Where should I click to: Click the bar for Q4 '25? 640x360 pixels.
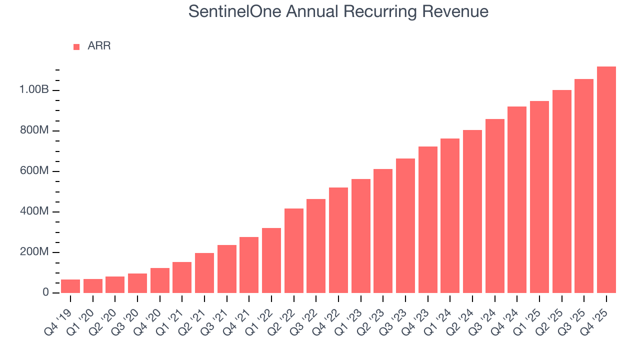point(606,179)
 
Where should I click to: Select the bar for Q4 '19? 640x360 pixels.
point(70,286)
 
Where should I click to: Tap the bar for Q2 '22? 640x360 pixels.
point(293,250)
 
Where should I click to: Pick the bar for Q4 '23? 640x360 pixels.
point(427,219)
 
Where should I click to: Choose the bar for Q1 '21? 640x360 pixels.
point(182,277)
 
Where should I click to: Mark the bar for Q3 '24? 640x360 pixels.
point(494,206)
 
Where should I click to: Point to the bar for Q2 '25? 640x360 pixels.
point(561,191)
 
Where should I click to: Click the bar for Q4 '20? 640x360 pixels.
point(159,280)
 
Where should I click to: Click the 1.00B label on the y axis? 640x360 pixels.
point(34,90)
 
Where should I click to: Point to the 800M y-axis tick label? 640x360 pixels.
point(34,130)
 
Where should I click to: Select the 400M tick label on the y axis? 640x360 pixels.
point(34,211)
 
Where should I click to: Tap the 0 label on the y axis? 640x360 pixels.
point(45,292)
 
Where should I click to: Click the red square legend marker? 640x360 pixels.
point(76,46)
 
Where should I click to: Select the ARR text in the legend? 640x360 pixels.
point(99,46)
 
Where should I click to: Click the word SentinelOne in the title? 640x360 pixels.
point(235,11)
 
